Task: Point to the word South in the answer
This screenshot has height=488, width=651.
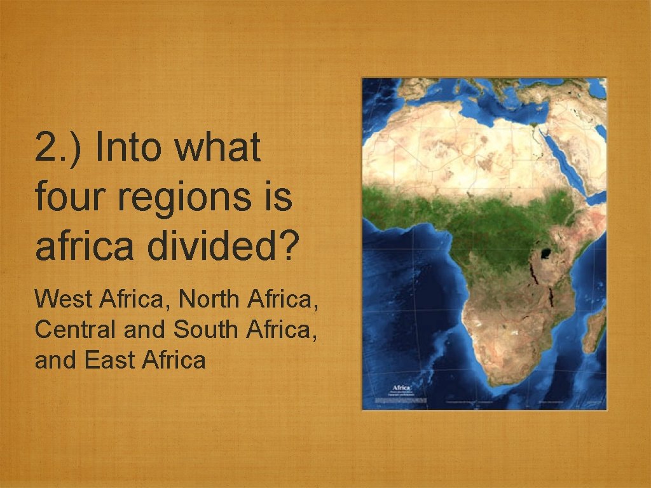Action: point(200,329)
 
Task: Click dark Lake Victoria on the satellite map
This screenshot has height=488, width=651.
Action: point(545,255)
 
